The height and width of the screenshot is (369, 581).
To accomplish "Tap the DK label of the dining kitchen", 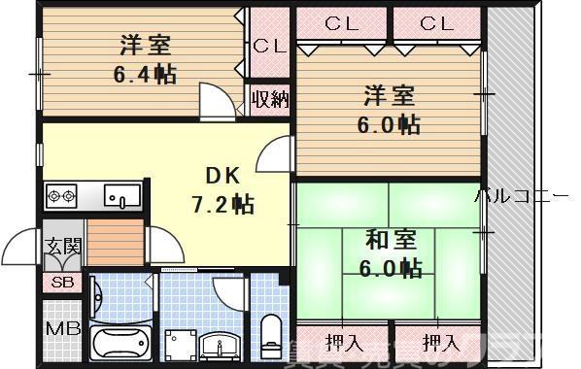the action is [221, 176].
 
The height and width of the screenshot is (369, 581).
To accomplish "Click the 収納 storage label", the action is [269, 98].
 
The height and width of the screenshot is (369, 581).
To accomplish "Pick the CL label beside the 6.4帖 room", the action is [268, 46].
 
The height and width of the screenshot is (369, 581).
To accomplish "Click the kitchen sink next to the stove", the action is [122, 197].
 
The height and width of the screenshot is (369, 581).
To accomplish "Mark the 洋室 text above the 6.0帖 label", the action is [390, 96].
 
